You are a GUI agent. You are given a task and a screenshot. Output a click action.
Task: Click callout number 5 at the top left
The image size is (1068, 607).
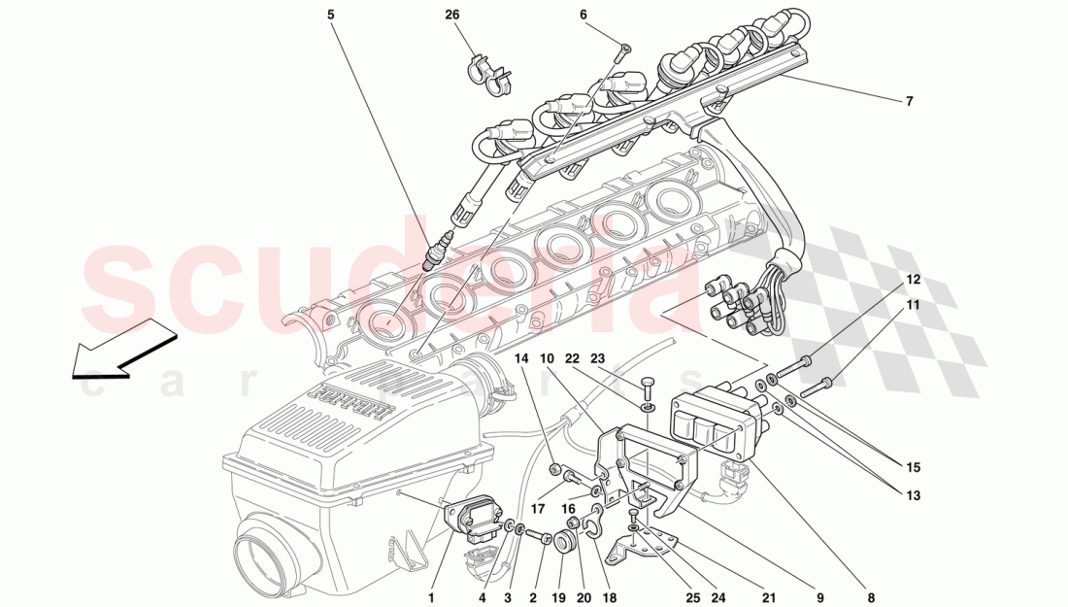[330, 16]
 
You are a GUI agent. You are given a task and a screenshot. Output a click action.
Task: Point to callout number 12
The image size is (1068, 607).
[913, 280]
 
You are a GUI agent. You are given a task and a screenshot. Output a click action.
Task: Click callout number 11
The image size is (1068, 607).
[913, 305]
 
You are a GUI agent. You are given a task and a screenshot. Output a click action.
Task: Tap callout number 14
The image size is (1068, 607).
[522, 358]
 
